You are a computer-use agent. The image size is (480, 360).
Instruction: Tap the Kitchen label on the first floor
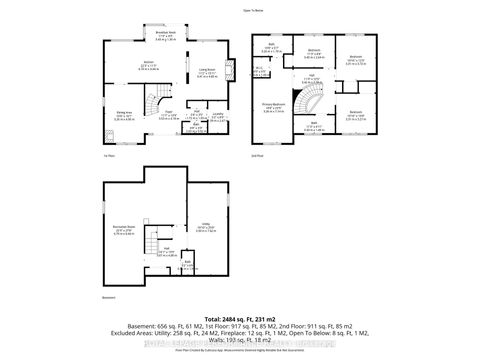click(x=133, y=66)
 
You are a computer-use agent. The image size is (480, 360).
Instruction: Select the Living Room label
click(x=206, y=73)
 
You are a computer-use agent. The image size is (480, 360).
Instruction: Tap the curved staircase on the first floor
click(x=154, y=103)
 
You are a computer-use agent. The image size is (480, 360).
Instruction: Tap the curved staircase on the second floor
click(x=315, y=103)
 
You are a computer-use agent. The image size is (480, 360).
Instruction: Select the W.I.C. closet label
click(x=259, y=70)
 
